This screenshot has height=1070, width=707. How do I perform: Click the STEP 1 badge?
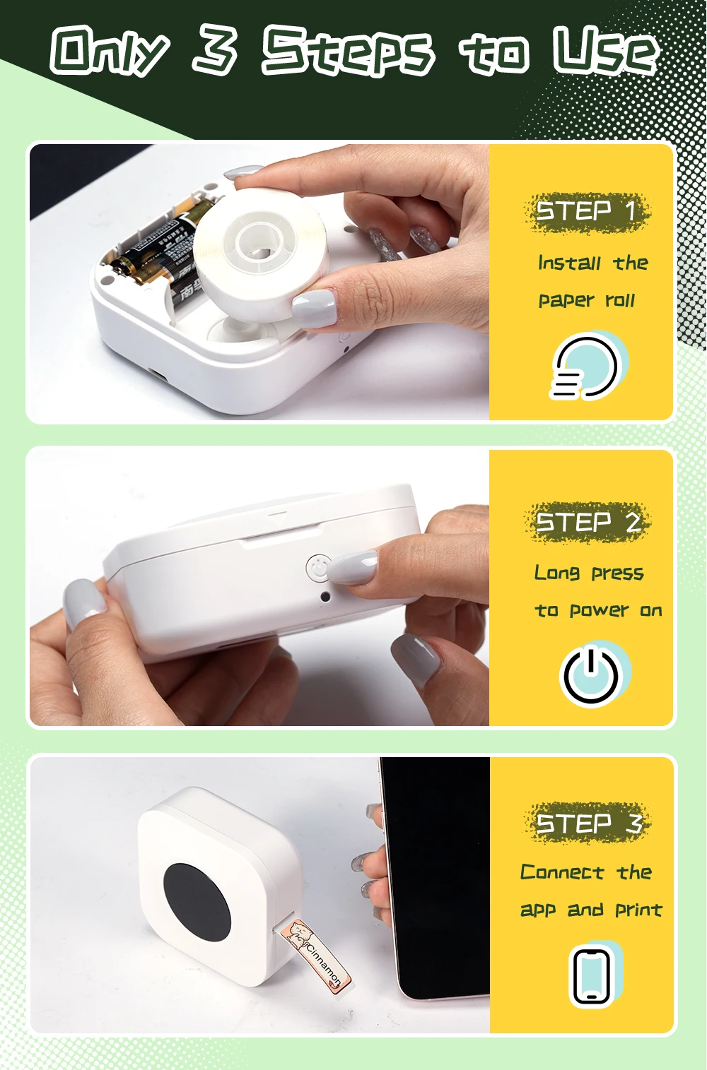coord(586,211)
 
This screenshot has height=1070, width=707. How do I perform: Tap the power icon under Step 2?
coord(594,674)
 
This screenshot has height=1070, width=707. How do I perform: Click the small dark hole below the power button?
coord(325,597)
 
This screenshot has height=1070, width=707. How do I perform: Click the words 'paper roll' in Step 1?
coord(587,301)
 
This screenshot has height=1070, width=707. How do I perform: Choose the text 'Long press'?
coord(589,573)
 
